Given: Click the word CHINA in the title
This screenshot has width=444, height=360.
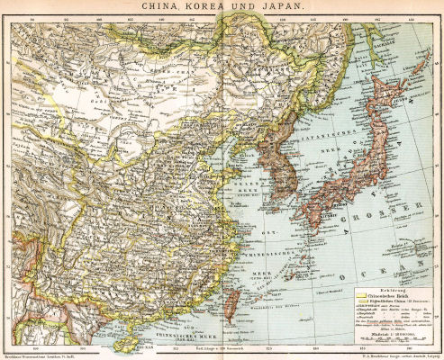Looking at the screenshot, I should click(x=168, y=7).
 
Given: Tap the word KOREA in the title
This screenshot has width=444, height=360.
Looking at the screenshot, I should click(x=214, y=7).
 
